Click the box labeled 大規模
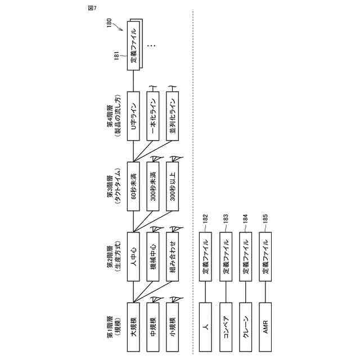click(x=133, y=321)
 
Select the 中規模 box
click(x=154, y=321)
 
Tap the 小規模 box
click(x=174, y=321)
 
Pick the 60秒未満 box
click(x=133, y=186)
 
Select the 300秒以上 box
click(x=174, y=186)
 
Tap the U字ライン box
click(x=133, y=115)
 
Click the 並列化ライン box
click(x=174, y=115)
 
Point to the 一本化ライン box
click(x=154, y=115)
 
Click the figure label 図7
click(x=92, y=7)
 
